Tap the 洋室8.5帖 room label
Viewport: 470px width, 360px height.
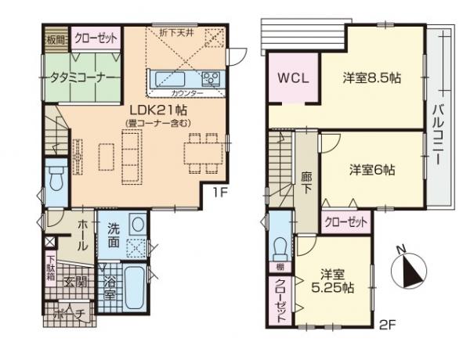click(371, 78)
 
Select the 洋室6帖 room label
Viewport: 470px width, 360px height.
click(371, 169)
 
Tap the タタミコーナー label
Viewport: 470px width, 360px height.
click(74, 79)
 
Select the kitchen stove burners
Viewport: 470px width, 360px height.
click(211, 77)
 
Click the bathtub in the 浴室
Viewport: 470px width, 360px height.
click(134, 290)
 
